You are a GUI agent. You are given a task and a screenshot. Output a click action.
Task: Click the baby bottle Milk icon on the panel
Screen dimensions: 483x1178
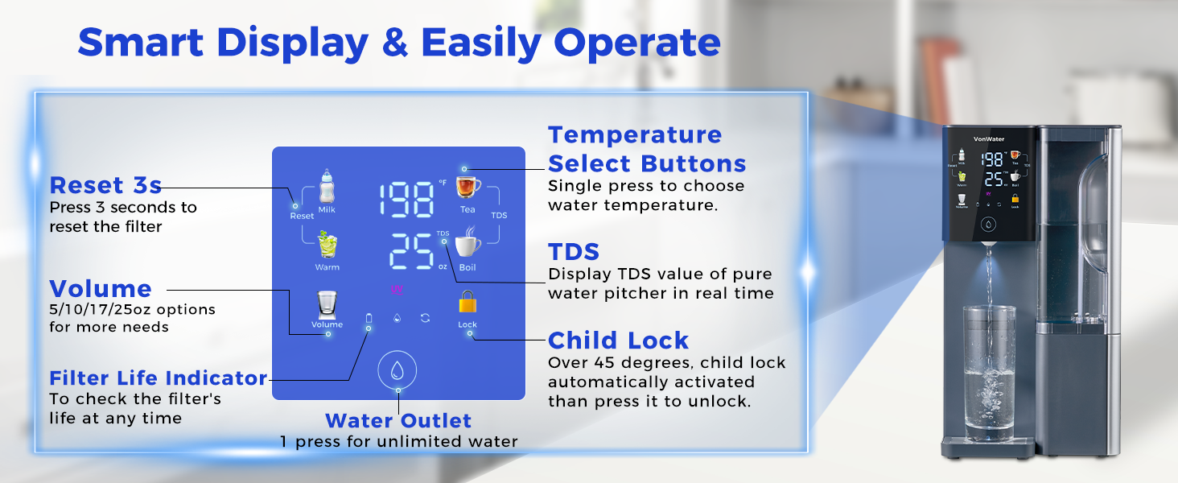click(x=327, y=186)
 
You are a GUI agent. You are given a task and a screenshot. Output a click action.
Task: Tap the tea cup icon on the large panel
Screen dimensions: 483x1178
click(x=467, y=187)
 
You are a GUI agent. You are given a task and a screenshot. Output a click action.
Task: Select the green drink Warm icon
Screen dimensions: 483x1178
click(x=327, y=245)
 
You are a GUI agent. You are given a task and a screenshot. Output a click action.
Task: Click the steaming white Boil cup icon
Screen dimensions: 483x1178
click(x=467, y=245)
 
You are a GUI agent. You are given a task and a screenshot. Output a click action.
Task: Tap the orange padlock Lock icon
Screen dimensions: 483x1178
click(x=467, y=303)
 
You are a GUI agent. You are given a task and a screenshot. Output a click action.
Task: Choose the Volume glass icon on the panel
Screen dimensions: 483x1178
click(x=327, y=304)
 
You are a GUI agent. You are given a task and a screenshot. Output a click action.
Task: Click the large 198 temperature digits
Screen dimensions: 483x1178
click(x=407, y=198)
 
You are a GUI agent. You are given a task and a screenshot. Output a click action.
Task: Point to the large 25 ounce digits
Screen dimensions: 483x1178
click(x=411, y=254)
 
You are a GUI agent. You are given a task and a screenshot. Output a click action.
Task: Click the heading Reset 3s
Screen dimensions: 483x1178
click(x=105, y=185)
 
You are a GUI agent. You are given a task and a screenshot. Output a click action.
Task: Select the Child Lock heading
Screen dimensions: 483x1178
click(x=618, y=340)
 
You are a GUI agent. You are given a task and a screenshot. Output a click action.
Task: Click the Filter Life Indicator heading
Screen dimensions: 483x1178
click(x=158, y=378)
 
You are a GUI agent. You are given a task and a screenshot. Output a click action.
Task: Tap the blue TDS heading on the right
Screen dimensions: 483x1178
click(x=574, y=251)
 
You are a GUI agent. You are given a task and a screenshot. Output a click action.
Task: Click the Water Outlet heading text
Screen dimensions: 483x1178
click(x=398, y=420)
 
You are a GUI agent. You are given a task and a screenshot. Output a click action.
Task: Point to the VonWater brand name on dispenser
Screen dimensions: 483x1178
click(x=989, y=139)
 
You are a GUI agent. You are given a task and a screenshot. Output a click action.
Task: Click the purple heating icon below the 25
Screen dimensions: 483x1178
click(x=395, y=291)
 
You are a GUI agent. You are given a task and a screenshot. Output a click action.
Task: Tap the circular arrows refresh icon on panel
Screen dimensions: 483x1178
click(x=425, y=318)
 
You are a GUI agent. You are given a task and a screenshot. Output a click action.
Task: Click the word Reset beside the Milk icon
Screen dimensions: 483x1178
click(x=302, y=216)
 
